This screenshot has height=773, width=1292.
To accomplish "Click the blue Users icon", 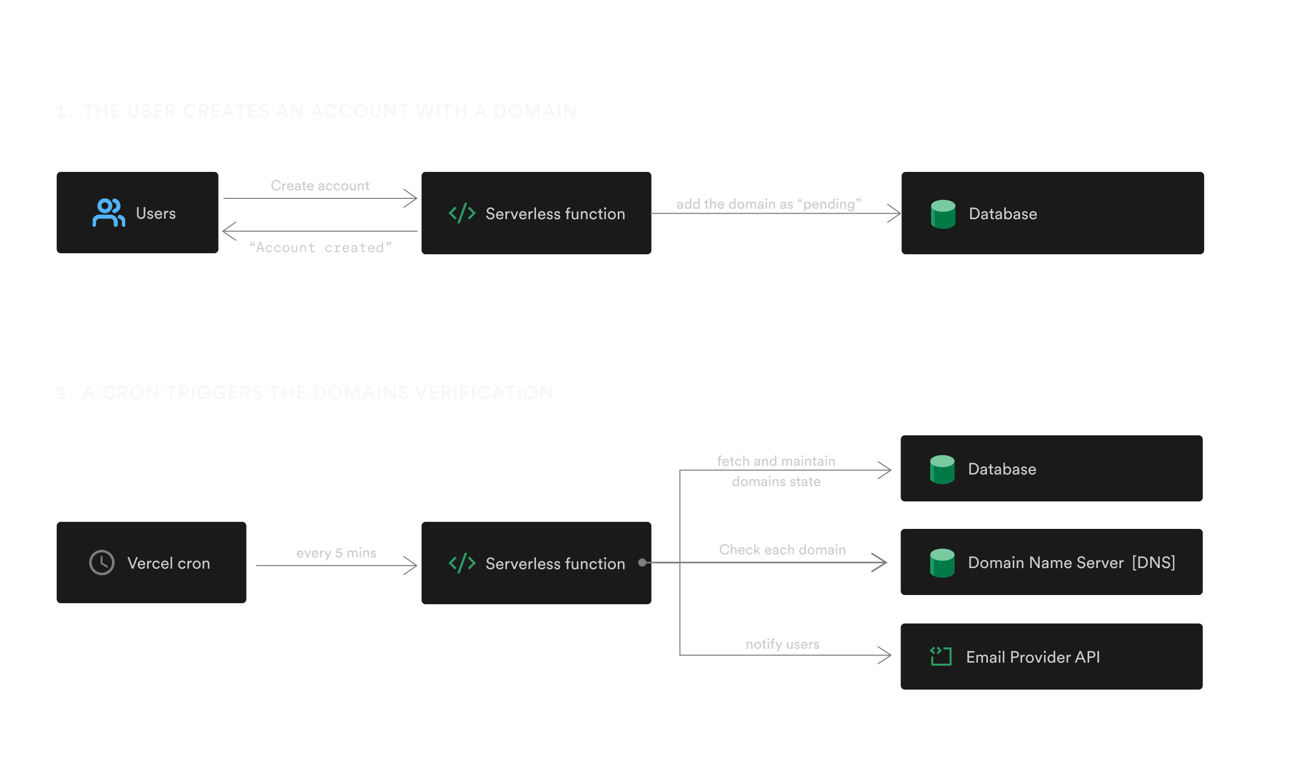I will [108, 213].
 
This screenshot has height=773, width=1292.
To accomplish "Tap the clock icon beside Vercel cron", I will [102, 562].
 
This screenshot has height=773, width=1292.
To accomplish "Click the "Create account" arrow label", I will [320, 186].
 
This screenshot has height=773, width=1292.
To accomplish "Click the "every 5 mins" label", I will [336, 553].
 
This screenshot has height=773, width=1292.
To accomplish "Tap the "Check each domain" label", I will [782, 550].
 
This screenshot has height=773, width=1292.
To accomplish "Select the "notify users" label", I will [782, 644].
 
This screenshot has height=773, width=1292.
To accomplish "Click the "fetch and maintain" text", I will [776, 461].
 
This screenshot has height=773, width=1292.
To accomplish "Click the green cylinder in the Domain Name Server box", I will [942, 562].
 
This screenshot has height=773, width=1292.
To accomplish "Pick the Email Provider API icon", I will [941, 657].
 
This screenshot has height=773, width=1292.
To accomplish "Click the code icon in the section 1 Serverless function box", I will [462, 213].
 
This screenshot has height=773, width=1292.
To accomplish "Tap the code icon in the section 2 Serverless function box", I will [462, 563].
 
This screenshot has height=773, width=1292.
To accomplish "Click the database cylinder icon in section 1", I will [943, 214].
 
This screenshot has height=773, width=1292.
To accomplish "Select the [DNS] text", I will [1154, 562].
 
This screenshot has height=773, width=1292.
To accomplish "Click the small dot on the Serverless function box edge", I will [642, 562].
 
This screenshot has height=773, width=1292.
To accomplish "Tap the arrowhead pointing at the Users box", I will [229, 231].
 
